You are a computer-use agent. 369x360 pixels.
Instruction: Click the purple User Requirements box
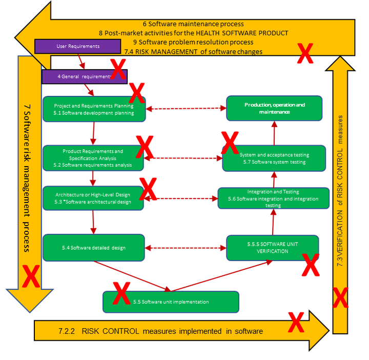point(77,46)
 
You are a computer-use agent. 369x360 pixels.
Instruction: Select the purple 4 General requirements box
point(77,76)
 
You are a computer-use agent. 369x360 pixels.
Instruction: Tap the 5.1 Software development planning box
point(94,109)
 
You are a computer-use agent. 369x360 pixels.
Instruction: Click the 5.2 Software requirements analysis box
point(93,158)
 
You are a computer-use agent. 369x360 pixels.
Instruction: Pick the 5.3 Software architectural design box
point(93,198)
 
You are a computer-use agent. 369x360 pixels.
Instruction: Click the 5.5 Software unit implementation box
point(171,302)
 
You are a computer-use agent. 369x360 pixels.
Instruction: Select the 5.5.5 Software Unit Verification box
point(273,248)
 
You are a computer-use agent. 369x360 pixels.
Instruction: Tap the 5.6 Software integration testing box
point(273,198)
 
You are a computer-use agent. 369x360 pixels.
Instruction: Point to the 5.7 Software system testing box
point(273,158)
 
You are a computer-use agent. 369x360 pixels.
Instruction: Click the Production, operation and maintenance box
point(275,108)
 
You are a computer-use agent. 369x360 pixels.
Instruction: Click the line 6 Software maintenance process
point(193,24)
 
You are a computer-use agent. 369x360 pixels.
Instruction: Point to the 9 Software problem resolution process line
point(193,42)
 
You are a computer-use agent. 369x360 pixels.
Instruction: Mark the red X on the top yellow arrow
point(305,53)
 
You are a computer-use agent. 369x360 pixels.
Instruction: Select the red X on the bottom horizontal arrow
point(296,322)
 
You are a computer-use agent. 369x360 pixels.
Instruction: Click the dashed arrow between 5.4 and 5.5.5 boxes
point(186,248)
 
